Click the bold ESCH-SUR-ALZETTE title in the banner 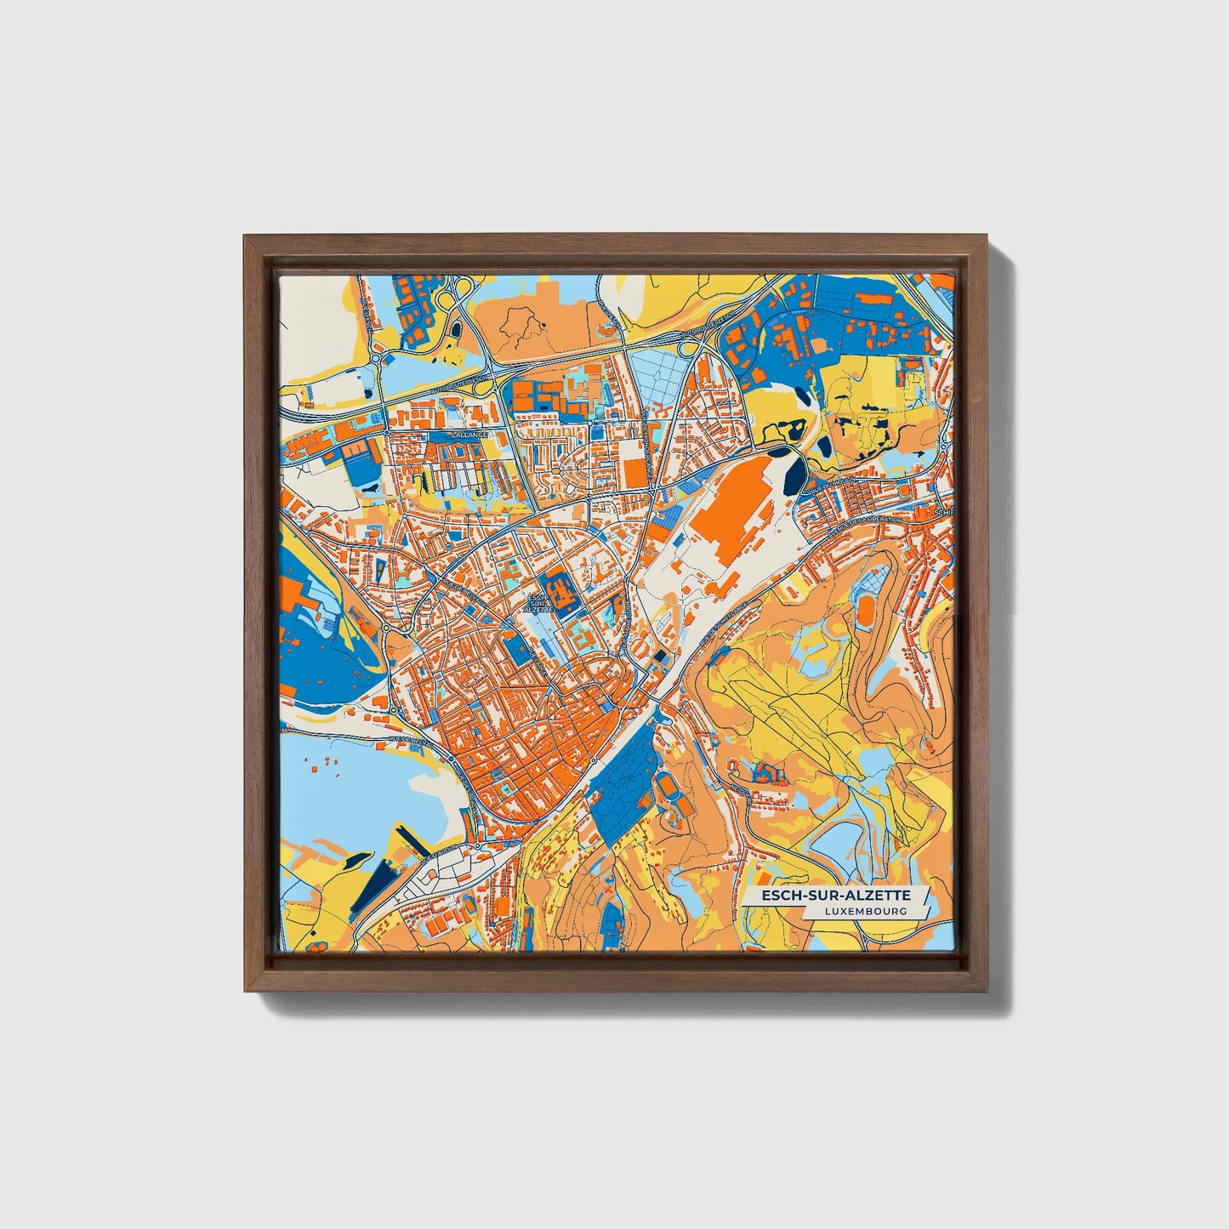835,896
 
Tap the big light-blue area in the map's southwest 357,791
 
